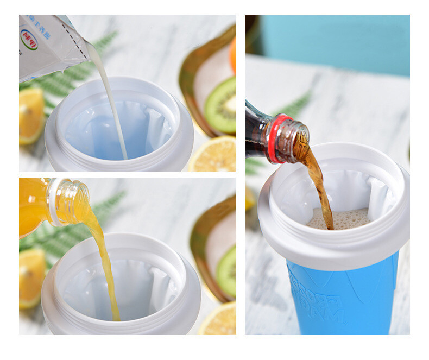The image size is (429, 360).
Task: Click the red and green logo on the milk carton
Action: point(29,39)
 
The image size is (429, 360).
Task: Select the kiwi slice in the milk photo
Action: point(221,104)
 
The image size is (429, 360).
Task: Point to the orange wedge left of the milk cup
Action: point(31,115)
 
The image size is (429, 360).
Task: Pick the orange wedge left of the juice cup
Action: point(31,277)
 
